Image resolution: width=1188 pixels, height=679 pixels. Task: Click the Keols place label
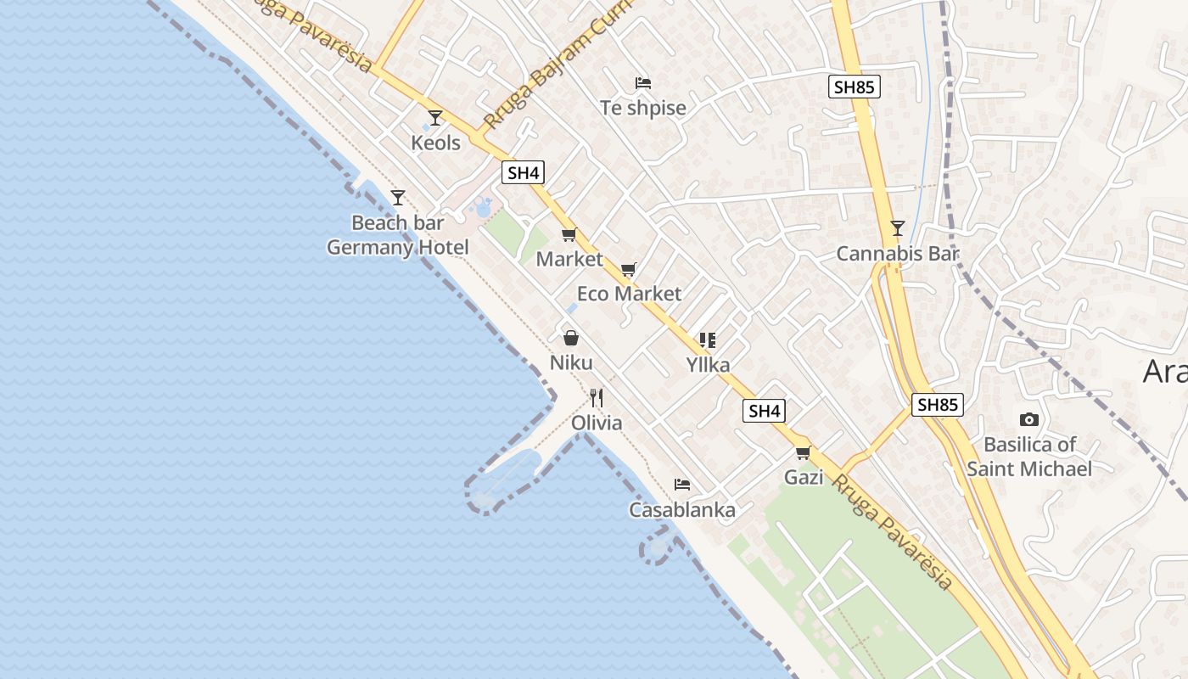435,143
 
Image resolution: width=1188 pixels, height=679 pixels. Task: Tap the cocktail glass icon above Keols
435,117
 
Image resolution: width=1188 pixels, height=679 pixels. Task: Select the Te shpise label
643,108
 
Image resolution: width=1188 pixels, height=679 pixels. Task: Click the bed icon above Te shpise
643,83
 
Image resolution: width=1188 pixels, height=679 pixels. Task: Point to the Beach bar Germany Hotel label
398,235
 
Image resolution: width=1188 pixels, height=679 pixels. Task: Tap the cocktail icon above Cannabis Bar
897,227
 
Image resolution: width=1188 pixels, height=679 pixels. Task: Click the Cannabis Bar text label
897,253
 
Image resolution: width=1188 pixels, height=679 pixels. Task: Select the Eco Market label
629,294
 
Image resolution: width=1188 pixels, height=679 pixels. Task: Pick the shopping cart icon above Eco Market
629,270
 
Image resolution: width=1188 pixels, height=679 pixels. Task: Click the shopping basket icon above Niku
571,338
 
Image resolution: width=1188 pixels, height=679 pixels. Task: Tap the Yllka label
708,365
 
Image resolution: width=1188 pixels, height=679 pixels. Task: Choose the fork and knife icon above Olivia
597,397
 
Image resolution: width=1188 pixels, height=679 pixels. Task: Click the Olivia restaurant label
597,423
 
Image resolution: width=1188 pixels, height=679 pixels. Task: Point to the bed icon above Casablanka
682,485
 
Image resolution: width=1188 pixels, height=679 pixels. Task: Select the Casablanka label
682,510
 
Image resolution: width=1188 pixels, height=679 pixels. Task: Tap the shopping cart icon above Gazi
803,452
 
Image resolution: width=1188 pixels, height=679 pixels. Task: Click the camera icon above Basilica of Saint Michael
1029,419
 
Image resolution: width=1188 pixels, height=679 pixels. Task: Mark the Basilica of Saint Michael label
1029,456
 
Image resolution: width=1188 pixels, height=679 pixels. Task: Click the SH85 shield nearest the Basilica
938,405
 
